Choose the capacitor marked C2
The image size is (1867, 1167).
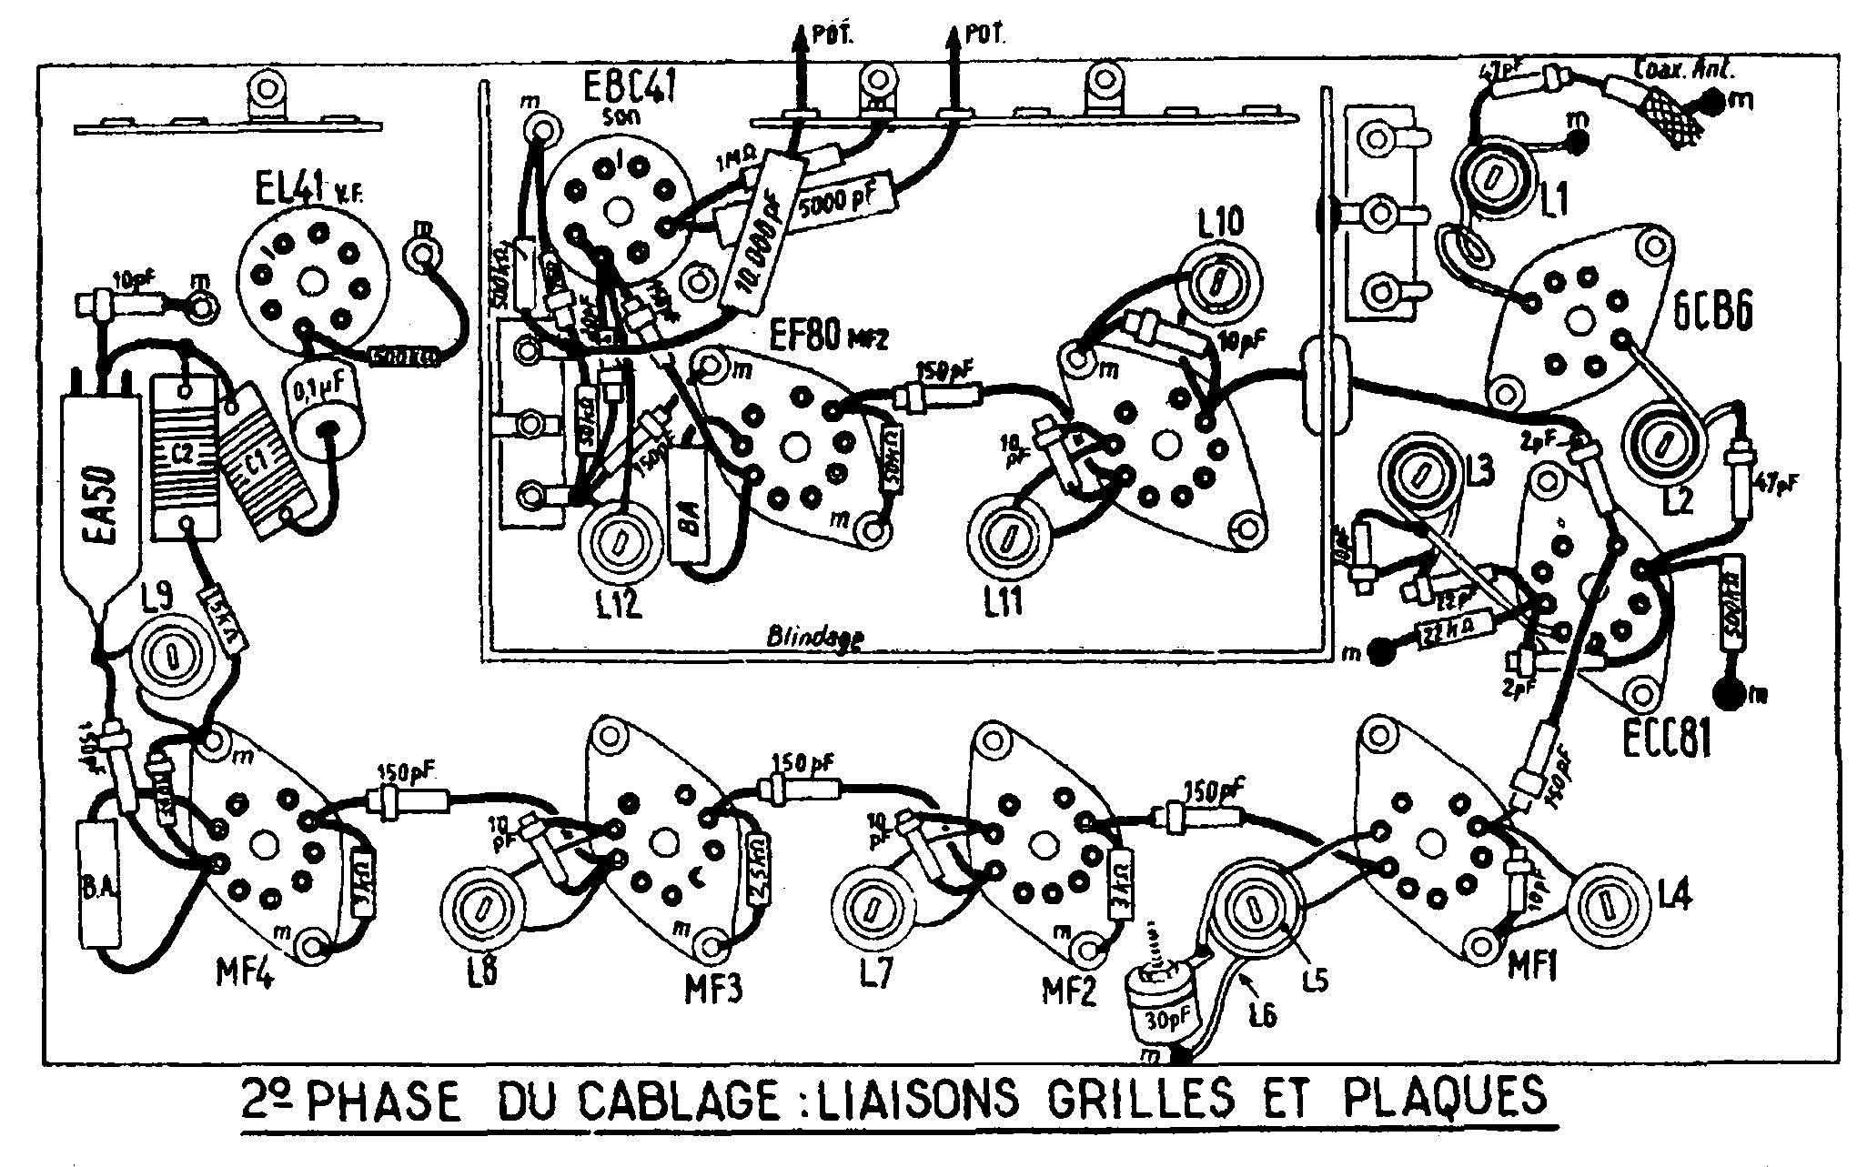[x=185, y=456]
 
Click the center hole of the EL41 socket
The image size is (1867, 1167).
[x=311, y=281]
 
